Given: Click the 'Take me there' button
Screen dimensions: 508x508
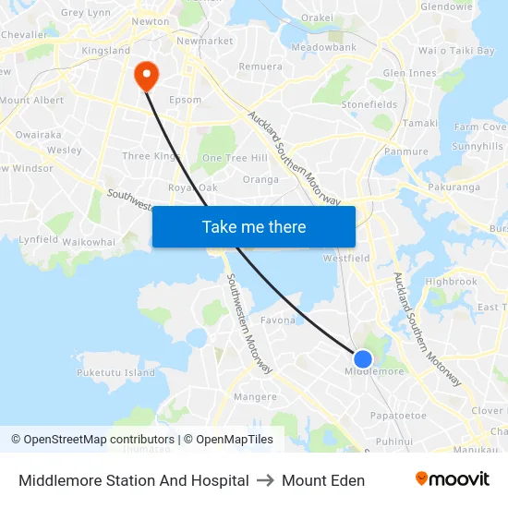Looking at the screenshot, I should point(254,226).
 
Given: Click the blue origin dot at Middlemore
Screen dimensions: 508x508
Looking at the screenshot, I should point(363,359).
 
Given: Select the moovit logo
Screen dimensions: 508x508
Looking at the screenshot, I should point(452,479).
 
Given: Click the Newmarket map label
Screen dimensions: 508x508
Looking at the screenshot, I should point(204,42).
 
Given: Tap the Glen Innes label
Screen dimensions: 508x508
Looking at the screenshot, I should point(409,73).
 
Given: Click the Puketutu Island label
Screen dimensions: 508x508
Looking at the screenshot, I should point(115,373).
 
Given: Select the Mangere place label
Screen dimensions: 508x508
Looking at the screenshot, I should point(256,397).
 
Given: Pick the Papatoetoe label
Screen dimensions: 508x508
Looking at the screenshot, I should point(398,416).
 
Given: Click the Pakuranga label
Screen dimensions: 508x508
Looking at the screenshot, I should point(454,187).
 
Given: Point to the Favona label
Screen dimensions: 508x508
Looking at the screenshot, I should point(278,321).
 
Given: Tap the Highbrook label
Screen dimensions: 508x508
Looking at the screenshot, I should point(451,282).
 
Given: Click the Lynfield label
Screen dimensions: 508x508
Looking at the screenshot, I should point(38,239).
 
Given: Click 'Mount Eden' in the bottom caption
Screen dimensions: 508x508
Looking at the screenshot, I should point(323,480).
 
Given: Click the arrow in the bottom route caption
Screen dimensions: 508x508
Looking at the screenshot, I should point(265,480).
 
